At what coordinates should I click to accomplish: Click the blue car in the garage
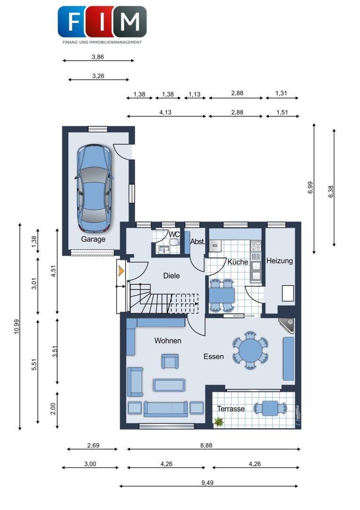click(x=94, y=188)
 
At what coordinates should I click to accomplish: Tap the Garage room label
click(x=93, y=239)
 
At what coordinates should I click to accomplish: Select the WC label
click(x=174, y=235)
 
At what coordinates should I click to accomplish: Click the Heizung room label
click(x=279, y=261)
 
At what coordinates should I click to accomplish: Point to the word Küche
click(x=238, y=262)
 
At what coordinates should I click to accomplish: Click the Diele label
click(x=172, y=276)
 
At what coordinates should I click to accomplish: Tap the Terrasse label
click(x=231, y=409)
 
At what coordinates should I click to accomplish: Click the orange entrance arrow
click(x=121, y=271)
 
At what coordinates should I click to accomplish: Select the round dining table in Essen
click(x=250, y=350)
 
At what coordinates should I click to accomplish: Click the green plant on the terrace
click(x=218, y=422)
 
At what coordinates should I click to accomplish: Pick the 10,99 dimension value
click(x=17, y=327)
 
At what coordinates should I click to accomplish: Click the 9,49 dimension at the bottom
click(x=207, y=483)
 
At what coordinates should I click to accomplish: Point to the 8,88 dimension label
click(x=206, y=445)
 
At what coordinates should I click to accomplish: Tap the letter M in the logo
click(x=130, y=22)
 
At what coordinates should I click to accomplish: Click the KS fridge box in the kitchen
click(x=215, y=245)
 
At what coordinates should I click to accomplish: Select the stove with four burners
click(x=256, y=245)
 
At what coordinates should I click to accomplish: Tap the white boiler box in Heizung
click(x=288, y=293)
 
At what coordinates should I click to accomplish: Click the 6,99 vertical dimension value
click(x=311, y=188)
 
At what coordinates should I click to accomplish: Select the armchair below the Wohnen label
click(x=170, y=361)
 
